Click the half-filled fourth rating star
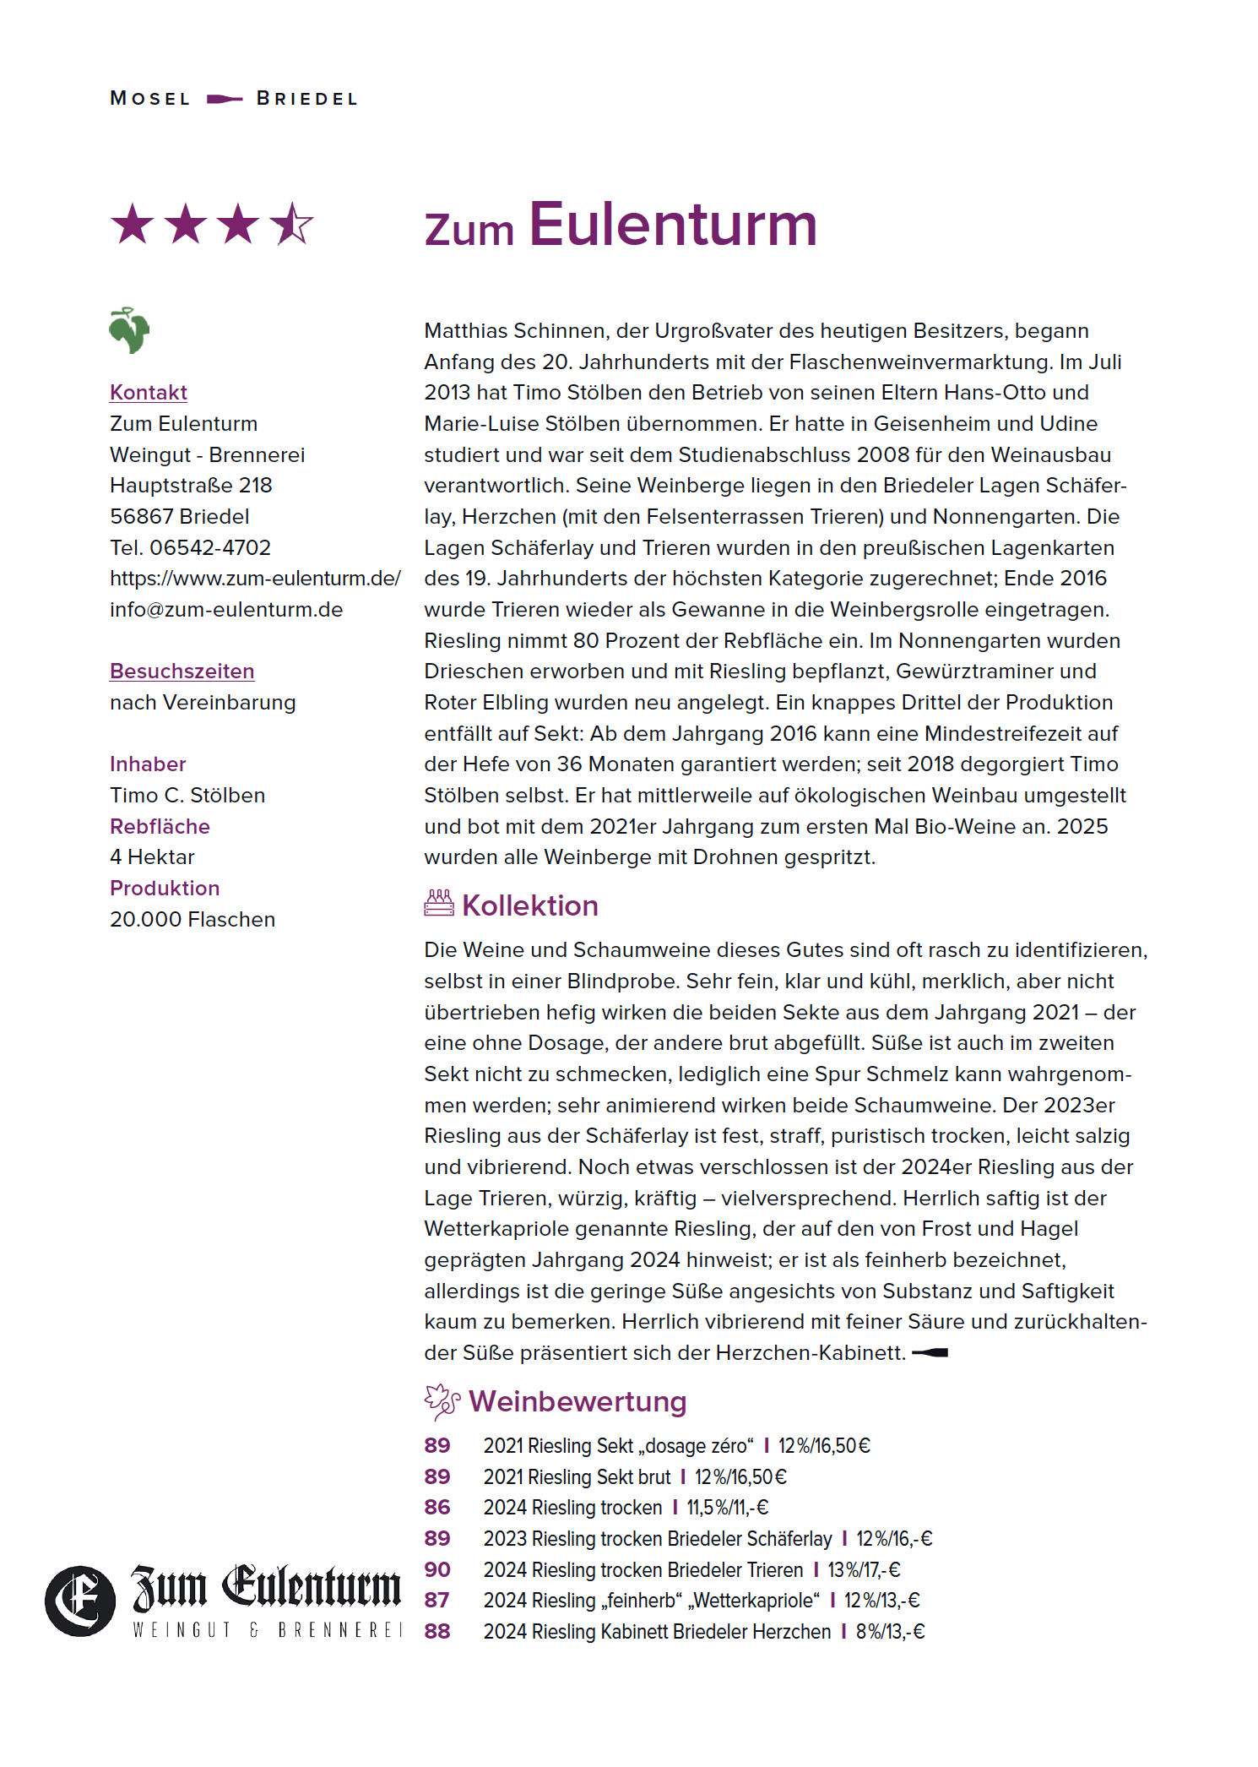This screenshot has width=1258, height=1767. (291, 225)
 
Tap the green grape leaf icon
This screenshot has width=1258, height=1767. (129, 329)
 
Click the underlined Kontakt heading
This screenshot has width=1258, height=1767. (149, 393)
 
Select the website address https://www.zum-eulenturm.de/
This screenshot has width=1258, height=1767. (255, 579)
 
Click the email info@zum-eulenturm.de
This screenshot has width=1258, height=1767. (226, 610)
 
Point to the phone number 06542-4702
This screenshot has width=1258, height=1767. (210, 547)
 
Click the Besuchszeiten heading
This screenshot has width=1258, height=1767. (182, 671)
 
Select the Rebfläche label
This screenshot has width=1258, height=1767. (160, 826)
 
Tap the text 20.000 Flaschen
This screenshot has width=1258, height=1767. (192, 919)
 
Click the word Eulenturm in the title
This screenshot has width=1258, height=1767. (673, 225)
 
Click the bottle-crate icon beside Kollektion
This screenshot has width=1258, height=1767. (439, 904)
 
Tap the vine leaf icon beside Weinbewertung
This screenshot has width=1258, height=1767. (442, 1402)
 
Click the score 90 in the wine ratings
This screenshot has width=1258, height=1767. (437, 1569)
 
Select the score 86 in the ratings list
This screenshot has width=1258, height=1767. (437, 1508)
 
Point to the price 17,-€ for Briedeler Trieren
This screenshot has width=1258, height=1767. (881, 1570)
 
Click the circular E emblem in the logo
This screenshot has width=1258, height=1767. (80, 1601)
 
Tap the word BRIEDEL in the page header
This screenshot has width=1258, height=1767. (307, 99)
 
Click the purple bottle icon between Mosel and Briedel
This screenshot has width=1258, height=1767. (225, 99)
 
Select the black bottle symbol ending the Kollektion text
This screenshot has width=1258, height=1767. (930, 1353)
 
